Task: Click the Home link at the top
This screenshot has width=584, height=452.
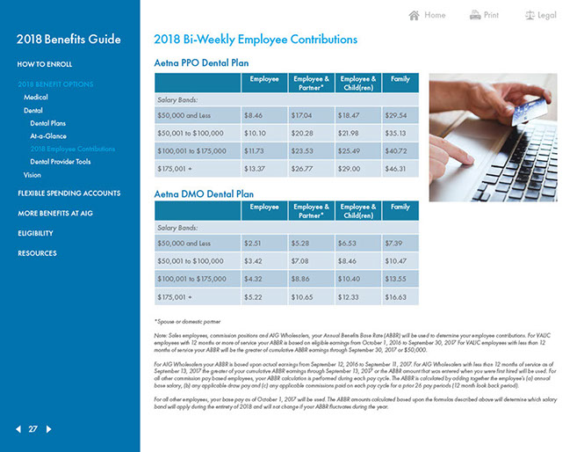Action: coord(428,15)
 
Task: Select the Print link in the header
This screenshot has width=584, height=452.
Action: coord(484,15)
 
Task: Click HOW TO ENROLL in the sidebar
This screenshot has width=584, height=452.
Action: coord(45,64)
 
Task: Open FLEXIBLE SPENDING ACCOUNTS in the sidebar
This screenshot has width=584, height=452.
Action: coord(68,193)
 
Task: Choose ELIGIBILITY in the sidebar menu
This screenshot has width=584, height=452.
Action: coord(35,233)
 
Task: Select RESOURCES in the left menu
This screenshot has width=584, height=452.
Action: coord(37,253)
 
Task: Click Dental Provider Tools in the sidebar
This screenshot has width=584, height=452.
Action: coord(60,162)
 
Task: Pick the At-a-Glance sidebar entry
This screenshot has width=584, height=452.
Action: coord(47,136)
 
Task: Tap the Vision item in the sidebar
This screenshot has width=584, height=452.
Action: coord(32,175)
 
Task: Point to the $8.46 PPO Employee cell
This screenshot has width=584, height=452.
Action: coord(253,115)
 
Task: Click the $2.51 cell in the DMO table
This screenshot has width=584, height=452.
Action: coord(253,243)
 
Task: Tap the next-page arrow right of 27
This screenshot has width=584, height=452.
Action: coord(50,429)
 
